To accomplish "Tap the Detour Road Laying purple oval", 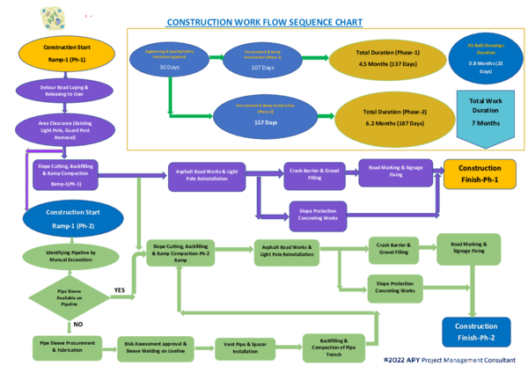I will tap(64, 91).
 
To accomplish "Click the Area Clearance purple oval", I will tap(64, 128).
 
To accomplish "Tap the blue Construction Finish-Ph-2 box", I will tap(474, 332).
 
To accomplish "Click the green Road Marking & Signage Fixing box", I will tap(468, 248).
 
